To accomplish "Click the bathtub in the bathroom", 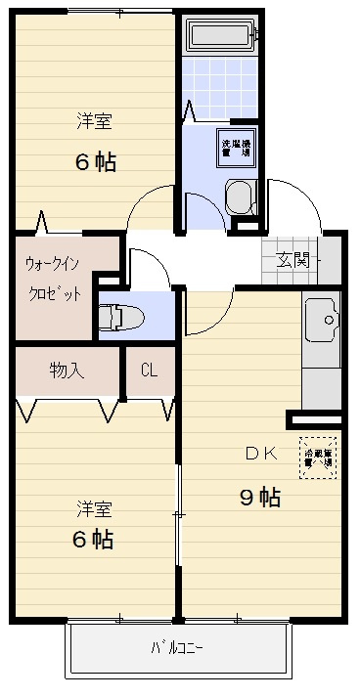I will (220, 37).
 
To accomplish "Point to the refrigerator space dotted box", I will (319, 457).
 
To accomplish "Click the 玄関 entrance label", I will (292, 259).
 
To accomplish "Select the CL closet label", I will (150, 371).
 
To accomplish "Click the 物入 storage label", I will (67, 371).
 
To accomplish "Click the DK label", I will (261, 453).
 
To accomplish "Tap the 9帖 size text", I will (260, 498).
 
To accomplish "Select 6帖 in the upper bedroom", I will (95, 162).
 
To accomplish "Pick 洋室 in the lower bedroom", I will (95, 508).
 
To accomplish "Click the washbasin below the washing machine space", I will (238, 197).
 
